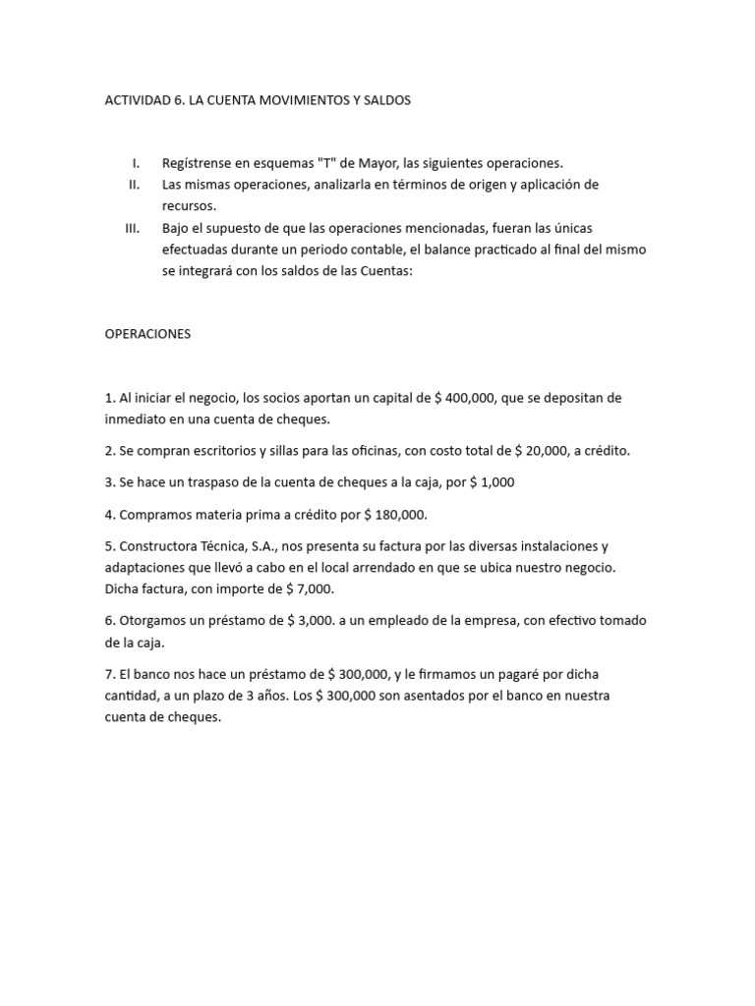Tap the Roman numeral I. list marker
coord(136,163)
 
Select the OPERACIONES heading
coord(147,334)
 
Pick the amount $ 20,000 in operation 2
coord(547,451)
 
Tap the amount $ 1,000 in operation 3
coord(490,482)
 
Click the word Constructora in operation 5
coord(157,546)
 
